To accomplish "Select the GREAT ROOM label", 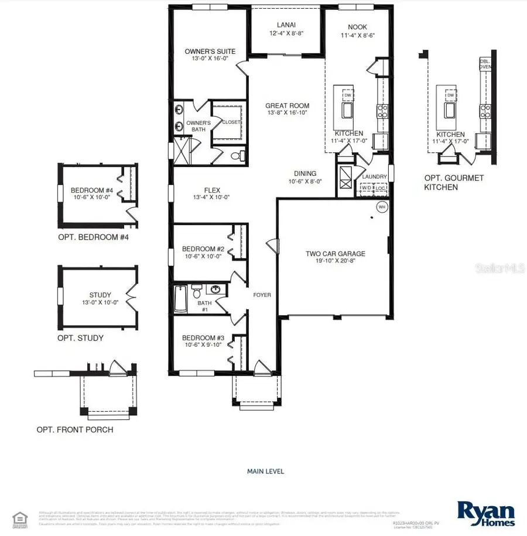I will [287, 106].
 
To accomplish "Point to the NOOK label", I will [357, 27].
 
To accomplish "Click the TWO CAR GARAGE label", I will [336, 254].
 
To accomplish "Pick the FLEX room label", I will [211, 190].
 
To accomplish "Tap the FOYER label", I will [262, 295].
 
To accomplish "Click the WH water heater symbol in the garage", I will [382, 207].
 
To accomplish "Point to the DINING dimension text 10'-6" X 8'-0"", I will [304, 182].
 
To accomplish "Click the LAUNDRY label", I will [374, 176].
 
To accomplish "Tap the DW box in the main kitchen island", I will [347, 95].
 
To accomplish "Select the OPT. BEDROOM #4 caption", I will [93, 238].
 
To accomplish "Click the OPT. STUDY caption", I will [80, 338].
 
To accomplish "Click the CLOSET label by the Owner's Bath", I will [230, 122].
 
